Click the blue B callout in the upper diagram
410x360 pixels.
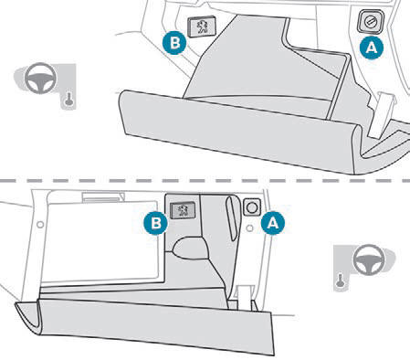pyautogui.click(x=174, y=43)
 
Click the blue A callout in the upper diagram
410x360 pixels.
pyautogui.click(x=372, y=48)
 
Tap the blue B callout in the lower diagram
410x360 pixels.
pyautogui.click(x=155, y=223)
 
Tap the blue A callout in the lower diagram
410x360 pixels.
pyautogui.click(x=273, y=223)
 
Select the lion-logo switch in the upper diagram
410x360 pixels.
pyautogui.click(x=202, y=26)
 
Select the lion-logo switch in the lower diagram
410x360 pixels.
pyautogui.click(x=183, y=210)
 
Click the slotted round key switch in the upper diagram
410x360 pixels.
pyautogui.click(x=371, y=21)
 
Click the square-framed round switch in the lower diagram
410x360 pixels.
pyautogui.click(x=252, y=207)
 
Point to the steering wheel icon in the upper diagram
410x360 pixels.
pyautogui.click(x=40, y=78)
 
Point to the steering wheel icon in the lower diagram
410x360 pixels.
pyautogui.click(x=369, y=259)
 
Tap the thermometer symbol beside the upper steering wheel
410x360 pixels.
pyautogui.click(x=69, y=100)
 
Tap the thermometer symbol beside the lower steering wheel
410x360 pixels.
pyautogui.click(x=340, y=281)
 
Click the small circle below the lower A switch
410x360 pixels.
pyautogui.click(x=249, y=228)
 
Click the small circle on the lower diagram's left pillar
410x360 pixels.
pyautogui.click(x=40, y=225)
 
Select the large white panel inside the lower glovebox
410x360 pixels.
pyautogui.click(x=100, y=240)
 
